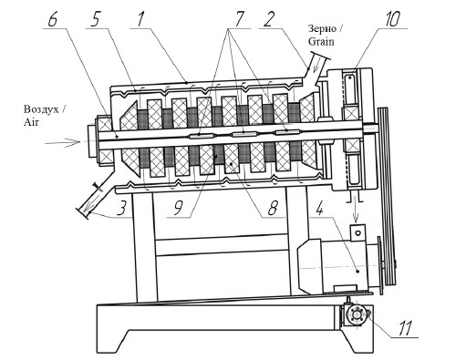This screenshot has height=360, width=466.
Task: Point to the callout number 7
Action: (239, 19)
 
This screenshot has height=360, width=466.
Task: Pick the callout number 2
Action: (268, 19)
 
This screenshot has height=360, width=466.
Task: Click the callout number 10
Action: (392, 19)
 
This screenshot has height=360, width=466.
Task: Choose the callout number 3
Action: (122, 208)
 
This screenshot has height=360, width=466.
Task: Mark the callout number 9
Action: (179, 209)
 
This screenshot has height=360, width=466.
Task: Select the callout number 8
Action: (272, 209)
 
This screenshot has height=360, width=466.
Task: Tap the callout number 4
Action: (319, 209)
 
